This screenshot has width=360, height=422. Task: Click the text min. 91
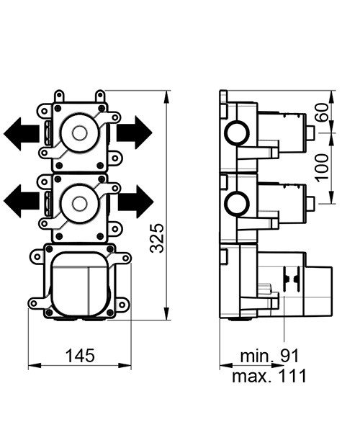point(269,355)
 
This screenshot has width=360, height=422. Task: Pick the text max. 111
point(269,375)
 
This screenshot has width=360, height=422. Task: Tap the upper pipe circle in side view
point(235,133)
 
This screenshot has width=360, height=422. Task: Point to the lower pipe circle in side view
point(235,200)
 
